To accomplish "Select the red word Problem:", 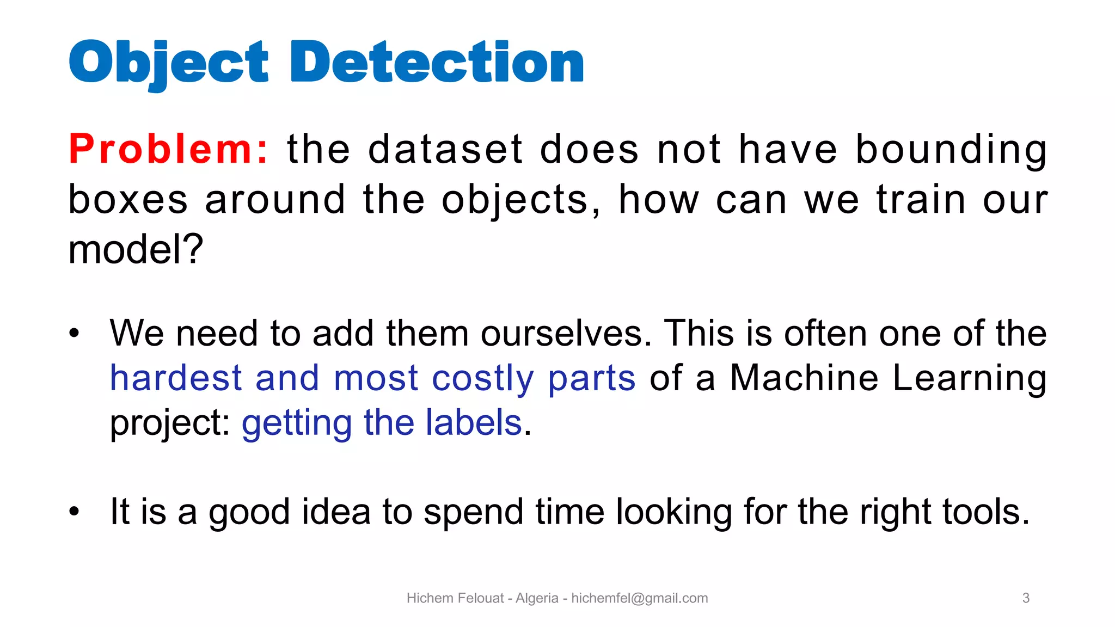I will [169, 149].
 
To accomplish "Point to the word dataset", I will [445, 149].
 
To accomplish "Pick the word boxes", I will [128, 199].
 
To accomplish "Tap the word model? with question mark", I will [136, 249].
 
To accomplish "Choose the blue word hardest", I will [176, 378].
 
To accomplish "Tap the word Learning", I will [970, 378].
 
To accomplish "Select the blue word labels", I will [474, 422].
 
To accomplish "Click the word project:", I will [170, 423].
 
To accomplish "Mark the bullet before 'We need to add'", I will [75, 333].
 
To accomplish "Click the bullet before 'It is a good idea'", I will [75, 512].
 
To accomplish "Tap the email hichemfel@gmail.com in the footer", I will [640, 598].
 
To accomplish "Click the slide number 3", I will [1026, 598].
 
